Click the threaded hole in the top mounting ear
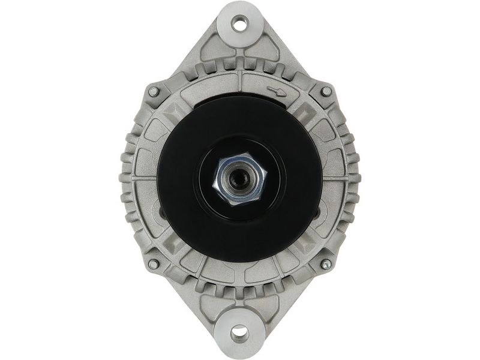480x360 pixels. tap(240, 25)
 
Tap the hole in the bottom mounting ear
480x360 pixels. tap(239, 332)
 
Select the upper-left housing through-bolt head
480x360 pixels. tap(154, 91)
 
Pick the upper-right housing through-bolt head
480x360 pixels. tap(326, 91)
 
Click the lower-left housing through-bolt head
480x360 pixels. tap(154, 264)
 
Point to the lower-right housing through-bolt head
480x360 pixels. tap(326, 264)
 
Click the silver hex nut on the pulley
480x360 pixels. tap(240, 179)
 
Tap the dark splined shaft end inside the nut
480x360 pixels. tap(241, 178)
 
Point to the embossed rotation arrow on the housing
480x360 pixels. tap(277, 91)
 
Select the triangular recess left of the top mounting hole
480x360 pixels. tap(212, 50)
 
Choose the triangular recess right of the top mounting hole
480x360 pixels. tap(268, 50)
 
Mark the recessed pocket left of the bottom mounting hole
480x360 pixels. tap(213, 306)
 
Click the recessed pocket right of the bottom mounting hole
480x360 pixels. tap(267, 306)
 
